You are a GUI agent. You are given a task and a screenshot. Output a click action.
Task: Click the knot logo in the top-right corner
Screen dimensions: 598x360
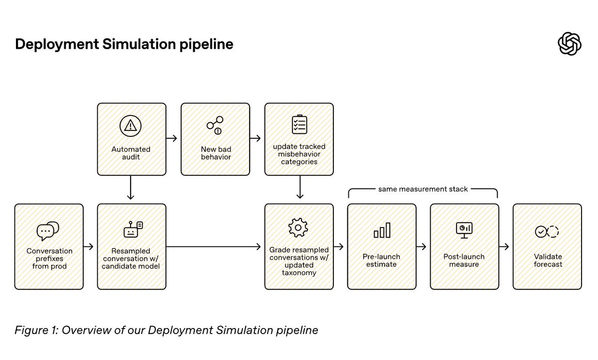[x=570, y=44]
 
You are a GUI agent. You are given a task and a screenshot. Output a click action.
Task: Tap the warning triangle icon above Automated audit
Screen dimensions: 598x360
[x=130, y=126]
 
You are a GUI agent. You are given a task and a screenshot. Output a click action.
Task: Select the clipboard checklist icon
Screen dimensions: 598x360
[x=299, y=124]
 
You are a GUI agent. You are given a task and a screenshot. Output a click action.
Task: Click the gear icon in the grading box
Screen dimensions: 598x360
[x=298, y=228]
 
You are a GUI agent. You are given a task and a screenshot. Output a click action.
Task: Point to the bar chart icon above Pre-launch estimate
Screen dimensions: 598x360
[x=382, y=230]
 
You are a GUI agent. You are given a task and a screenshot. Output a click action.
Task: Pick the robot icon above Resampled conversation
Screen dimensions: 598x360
[x=133, y=230]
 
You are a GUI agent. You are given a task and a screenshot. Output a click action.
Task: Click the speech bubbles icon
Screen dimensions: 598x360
[x=48, y=231]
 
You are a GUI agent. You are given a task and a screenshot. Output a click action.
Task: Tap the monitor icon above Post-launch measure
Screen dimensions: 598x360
[x=464, y=230]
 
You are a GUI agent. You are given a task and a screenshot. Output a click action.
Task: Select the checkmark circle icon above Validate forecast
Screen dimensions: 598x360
[x=547, y=232]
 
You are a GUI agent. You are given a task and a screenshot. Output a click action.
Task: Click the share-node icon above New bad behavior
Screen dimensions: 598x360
[x=215, y=125]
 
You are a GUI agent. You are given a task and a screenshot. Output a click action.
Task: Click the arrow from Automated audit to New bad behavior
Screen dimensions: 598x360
[x=171, y=138]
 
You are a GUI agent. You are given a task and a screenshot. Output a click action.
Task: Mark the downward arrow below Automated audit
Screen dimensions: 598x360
[x=131, y=187]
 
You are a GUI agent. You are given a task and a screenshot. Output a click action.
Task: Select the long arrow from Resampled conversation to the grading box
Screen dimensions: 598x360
[x=213, y=246]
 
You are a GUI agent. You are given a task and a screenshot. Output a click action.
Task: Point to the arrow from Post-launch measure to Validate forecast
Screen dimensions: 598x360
[x=504, y=246]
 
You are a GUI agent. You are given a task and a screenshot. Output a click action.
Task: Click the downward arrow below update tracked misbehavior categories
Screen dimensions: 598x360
[x=300, y=187]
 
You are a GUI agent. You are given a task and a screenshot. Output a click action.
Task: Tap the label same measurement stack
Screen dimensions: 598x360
[x=423, y=189]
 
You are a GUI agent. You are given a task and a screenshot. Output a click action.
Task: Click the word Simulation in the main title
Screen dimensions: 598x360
[x=139, y=44]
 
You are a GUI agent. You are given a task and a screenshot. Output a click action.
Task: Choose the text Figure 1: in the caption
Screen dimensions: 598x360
[x=36, y=330]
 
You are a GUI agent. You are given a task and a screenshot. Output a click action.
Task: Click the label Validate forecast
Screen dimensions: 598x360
[x=548, y=260]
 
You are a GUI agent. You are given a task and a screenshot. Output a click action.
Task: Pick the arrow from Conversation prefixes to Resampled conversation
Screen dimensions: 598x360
[x=88, y=246]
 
